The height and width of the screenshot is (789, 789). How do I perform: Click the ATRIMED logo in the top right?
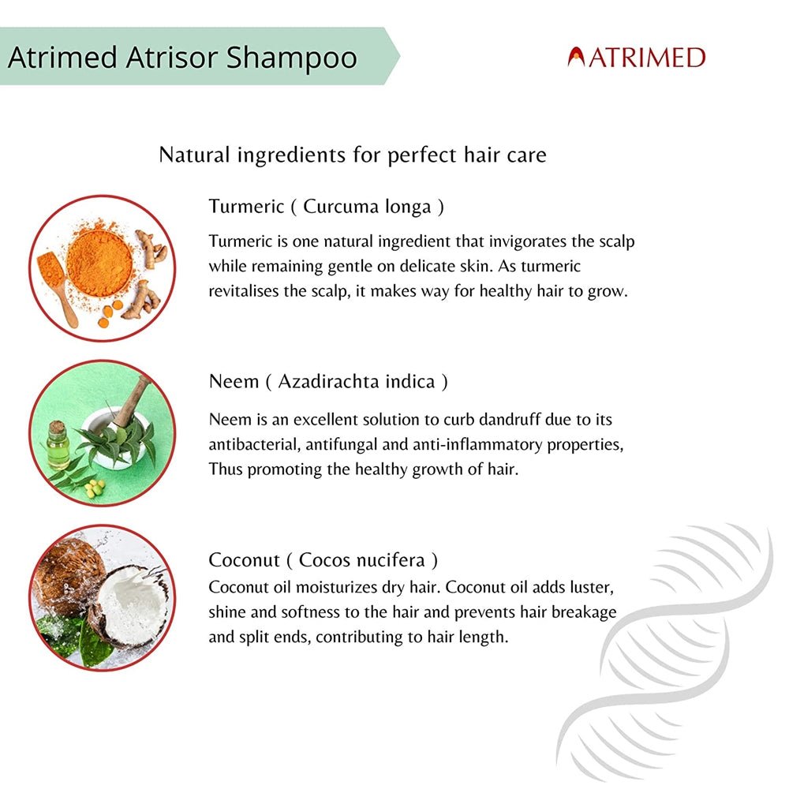click(636, 58)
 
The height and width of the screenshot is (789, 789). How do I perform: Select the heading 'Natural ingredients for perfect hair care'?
click(353, 154)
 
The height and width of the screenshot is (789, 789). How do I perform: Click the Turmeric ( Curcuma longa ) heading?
click(326, 207)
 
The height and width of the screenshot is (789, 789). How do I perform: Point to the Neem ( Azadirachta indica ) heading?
click(328, 382)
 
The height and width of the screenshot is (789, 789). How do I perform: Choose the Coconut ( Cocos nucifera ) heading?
click(323, 560)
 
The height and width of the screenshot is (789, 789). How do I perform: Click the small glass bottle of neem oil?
click(58, 446)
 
